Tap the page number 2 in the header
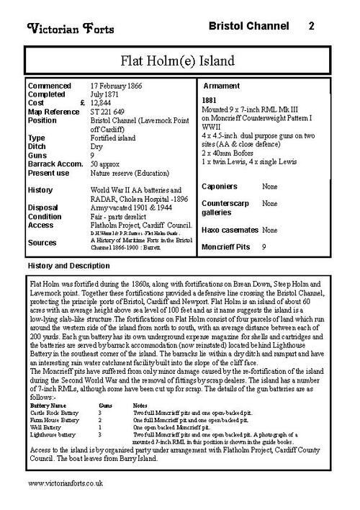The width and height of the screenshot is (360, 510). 311,27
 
